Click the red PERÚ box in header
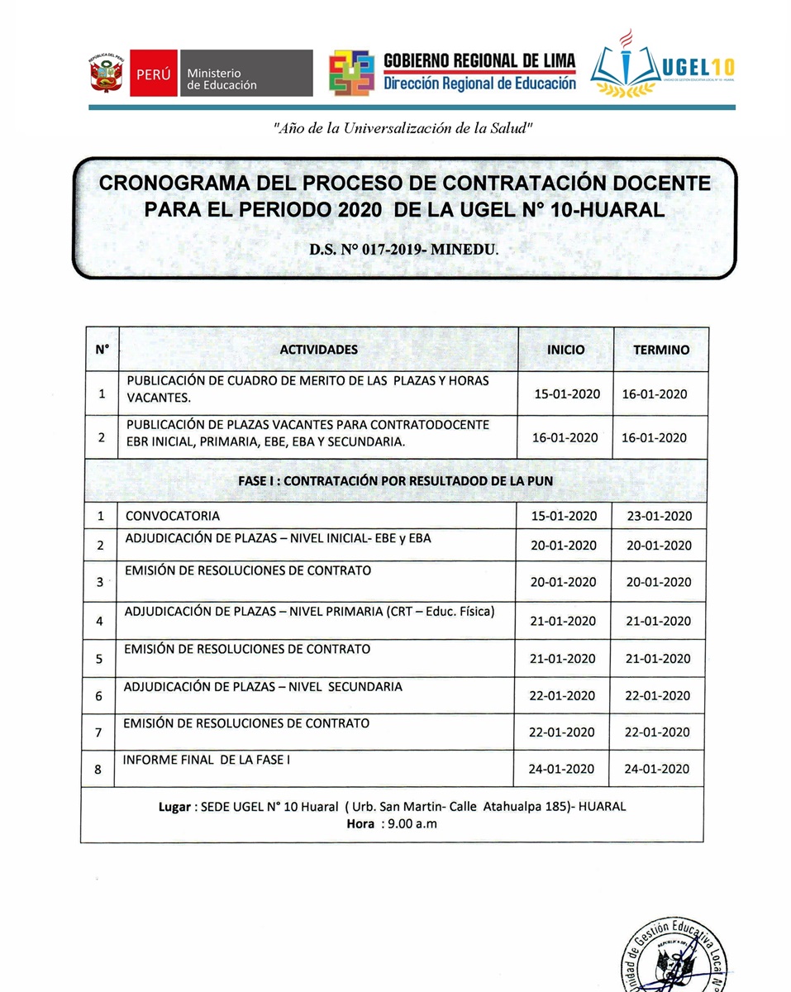click(x=153, y=74)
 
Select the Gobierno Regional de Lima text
click(x=479, y=62)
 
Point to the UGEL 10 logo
click(x=661, y=66)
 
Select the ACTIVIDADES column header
click(x=318, y=350)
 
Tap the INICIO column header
click(x=565, y=350)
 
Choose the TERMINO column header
click(x=660, y=350)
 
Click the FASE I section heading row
click(x=395, y=480)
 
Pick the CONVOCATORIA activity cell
click(x=173, y=516)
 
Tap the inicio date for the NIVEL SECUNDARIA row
click(x=562, y=696)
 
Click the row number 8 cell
click(x=98, y=770)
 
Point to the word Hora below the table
click(x=361, y=823)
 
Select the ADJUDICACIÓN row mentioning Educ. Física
click(x=309, y=612)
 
